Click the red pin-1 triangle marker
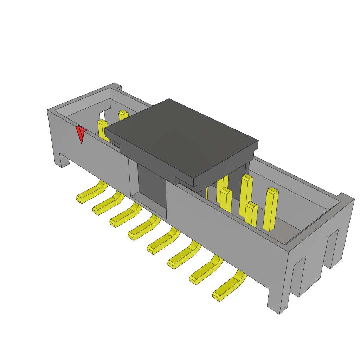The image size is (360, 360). tap(81, 133)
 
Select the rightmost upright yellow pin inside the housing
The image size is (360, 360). tap(270, 210)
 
